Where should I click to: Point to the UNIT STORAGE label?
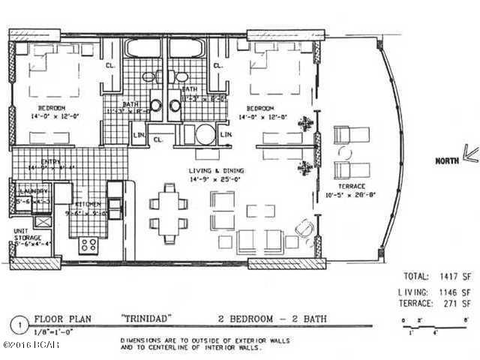pos(26,235)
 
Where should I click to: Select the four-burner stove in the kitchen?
pos(88,244)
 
